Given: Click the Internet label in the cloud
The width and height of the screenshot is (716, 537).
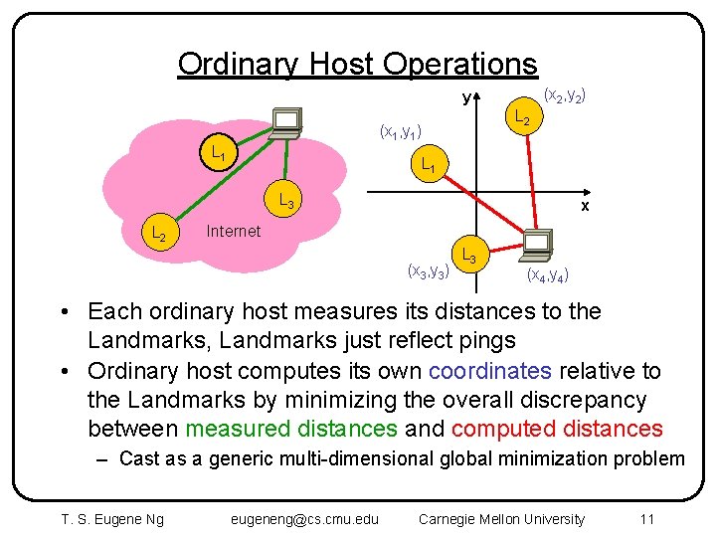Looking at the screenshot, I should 233,231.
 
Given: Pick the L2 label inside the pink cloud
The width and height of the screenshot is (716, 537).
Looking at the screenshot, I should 158,235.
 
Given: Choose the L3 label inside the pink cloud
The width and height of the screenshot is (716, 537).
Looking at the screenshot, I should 285,199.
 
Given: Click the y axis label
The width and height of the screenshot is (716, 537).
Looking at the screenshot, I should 465,98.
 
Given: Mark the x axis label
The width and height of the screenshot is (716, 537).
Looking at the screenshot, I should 585,206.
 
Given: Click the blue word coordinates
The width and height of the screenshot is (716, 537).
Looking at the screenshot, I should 490,371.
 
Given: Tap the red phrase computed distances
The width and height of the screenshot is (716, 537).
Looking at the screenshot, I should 557,429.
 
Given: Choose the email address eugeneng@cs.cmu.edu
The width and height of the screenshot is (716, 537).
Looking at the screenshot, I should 304,518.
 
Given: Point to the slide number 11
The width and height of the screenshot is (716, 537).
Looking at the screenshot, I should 646,518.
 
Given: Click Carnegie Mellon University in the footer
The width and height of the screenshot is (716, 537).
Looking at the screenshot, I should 502,518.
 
